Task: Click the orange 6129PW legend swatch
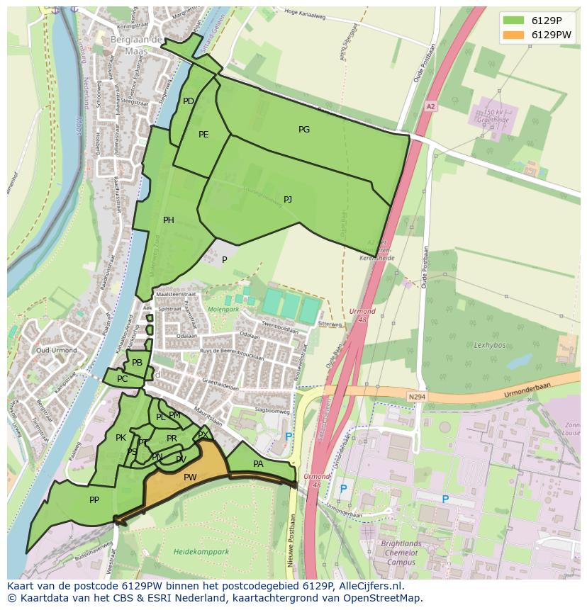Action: (x=514, y=35)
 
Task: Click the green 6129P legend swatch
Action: (x=514, y=20)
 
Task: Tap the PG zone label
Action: (x=304, y=130)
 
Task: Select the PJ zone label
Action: (x=288, y=200)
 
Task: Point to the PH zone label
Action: (x=169, y=220)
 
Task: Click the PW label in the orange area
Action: (x=190, y=478)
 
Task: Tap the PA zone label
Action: (x=258, y=464)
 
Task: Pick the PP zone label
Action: (x=94, y=500)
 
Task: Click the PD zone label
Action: (x=188, y=101)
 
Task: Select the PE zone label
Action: (x=203, y=135)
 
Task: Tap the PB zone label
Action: (x=138, y=363)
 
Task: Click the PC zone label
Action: (x=122, y=379)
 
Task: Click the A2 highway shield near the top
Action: (x=430, y=106)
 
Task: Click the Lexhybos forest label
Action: (x=488, y=344)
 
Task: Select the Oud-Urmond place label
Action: (x=50, y=351)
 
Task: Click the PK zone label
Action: (x=121, y=438)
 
